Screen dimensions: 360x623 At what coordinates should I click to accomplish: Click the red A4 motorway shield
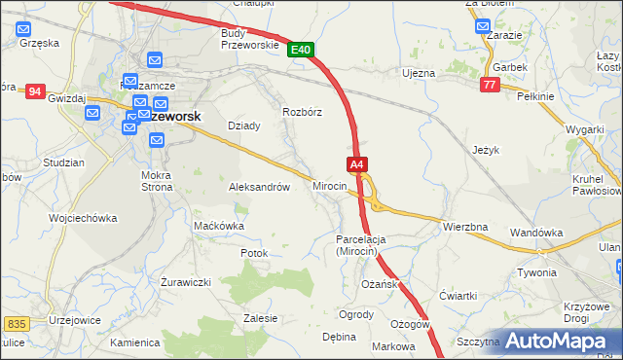tap(357, 165)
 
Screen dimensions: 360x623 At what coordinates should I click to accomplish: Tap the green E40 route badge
tap(301, 50)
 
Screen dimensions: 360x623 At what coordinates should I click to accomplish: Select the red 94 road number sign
tap(35, 91)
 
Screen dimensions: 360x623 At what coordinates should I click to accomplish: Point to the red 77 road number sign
tap(490, 86)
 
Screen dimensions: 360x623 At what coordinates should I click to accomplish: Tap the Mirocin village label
tap(330, 185)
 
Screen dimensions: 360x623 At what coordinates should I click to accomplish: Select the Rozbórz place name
tap(302, 112)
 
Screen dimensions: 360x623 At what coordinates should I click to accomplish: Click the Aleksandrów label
tap(259, 187)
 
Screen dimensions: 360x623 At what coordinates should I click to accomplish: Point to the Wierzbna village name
tap(464, 227)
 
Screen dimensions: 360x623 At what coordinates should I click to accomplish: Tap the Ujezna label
tap(418, 73)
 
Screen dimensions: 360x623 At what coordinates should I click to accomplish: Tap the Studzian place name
tap(64, 162)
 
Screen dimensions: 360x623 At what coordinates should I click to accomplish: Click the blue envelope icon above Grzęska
tap(26, 29)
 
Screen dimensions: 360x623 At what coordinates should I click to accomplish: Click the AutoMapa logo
tap(562, 341)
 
